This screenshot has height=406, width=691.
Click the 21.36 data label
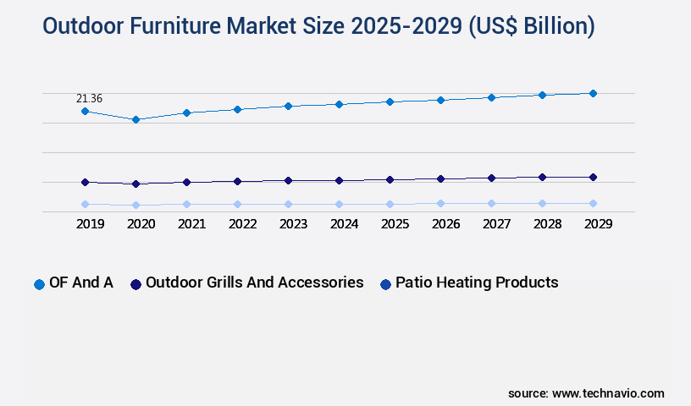point(90,99)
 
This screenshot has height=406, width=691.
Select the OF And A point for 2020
point(135,119)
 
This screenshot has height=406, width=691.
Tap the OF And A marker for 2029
point(593,93)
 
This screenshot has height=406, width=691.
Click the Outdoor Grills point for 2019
point(85,182)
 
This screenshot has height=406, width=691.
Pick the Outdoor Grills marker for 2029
point(593,177)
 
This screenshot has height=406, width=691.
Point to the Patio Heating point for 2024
point(339,204)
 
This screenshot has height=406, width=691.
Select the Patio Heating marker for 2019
point(85,204)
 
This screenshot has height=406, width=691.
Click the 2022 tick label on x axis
point(242,224)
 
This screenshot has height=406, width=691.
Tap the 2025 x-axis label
point(395,224)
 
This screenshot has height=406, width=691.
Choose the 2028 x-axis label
point(547,224)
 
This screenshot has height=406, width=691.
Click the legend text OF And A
point(81,283)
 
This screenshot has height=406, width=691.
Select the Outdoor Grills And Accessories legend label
point(255,283)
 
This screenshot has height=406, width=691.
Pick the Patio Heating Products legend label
point(477,283)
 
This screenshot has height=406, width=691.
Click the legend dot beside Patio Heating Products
point(385,284)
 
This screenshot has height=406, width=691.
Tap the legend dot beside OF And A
point(39,284)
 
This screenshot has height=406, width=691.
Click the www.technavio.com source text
point(608,393)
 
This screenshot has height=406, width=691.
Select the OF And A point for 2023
point(288,106)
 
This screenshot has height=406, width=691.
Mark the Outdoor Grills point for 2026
point(440,178)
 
